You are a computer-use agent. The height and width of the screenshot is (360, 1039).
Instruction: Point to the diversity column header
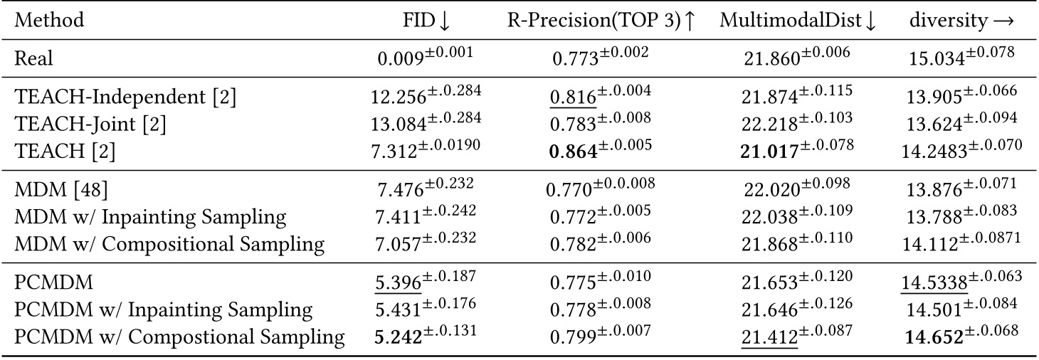pos(961,20)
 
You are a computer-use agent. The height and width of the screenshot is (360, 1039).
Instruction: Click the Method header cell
pos(49,20)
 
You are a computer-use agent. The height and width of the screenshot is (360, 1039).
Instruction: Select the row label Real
pos(33,58)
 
